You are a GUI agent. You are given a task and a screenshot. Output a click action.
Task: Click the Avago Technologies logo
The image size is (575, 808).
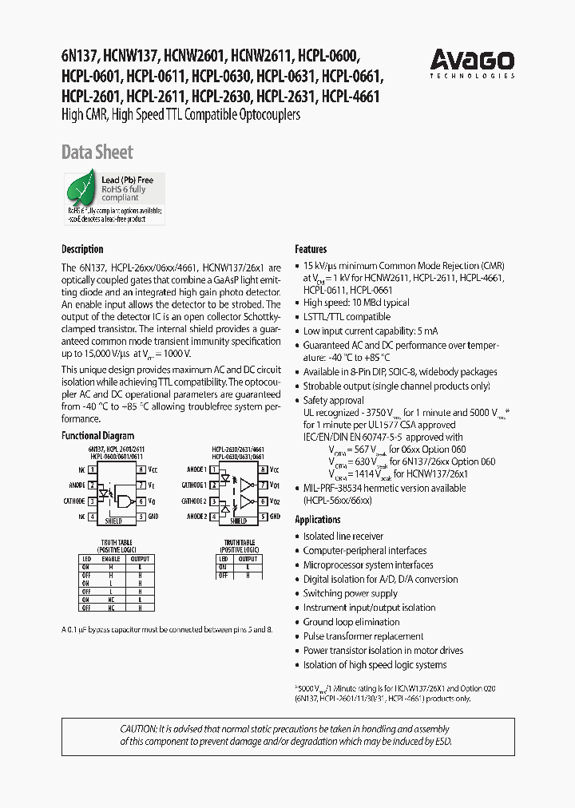472,61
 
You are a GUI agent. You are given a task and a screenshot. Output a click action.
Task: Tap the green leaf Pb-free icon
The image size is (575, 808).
81,192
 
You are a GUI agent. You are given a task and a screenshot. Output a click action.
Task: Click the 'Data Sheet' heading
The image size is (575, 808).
97,152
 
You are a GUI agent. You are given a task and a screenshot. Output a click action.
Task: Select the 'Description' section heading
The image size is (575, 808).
82,249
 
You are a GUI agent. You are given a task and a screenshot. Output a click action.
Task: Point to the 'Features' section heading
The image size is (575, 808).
311,249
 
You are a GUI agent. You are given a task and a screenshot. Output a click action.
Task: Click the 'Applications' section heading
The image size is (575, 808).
318,520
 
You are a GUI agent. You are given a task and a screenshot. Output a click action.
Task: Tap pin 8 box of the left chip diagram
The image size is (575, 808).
141,470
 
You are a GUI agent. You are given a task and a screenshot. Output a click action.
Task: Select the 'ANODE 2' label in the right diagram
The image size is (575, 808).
195,517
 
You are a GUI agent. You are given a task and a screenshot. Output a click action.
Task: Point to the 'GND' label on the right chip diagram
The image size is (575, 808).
275,517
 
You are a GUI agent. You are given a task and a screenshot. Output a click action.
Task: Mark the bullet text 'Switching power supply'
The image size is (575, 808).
350,593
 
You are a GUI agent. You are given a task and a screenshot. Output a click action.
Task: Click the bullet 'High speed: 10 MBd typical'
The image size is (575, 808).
356,303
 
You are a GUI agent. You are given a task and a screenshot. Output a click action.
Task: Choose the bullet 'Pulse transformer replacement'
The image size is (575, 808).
363,636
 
